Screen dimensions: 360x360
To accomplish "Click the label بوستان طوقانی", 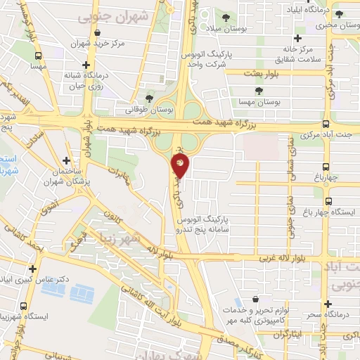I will [148, 110].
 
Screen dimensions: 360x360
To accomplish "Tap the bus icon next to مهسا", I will [37, 56].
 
